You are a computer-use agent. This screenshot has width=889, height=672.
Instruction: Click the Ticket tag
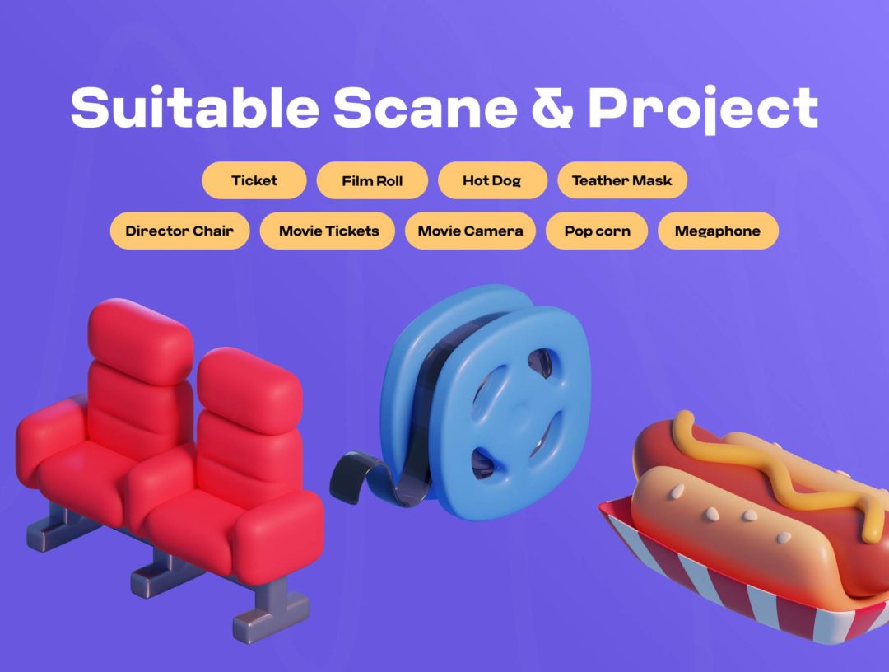[x=254, y=180]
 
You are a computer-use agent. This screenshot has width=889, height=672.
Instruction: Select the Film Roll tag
[x=372, y=180]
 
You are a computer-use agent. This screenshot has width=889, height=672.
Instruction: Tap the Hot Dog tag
[x=491, y=180]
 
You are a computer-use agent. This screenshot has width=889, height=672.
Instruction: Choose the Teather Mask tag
[x=621, y=180]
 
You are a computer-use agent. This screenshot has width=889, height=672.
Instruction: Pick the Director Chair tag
[x=179, y=231]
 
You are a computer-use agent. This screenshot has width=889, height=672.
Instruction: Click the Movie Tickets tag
[x=328, y=231]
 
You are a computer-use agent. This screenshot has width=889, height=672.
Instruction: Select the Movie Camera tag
[x=470, y=231]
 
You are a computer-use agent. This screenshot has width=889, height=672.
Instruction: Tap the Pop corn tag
[x=597, y=231]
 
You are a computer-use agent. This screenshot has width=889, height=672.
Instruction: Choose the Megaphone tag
[x=717, y=231]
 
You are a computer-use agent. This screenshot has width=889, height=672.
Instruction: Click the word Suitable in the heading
[x=194, y=107]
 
